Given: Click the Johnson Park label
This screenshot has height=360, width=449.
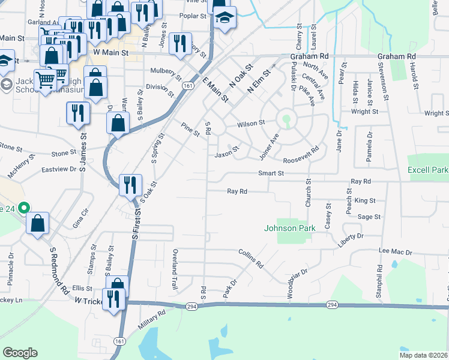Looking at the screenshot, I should tap(289, 228).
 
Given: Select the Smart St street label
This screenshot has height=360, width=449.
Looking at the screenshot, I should tap(270, 173).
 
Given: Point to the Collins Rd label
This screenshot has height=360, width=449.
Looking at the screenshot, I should tap(251, 258).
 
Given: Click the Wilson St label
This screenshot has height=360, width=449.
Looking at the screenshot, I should tap(251, 123).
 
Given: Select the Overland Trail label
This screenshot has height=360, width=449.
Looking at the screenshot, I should tap(175, 270).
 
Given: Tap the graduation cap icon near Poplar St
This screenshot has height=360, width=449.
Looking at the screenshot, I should tap(225, 19).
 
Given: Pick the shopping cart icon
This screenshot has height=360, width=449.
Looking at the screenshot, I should tap(45, 79).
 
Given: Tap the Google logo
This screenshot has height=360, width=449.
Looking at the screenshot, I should tap(20, 353).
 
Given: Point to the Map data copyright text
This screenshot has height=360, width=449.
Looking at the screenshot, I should tap(423, 355).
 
